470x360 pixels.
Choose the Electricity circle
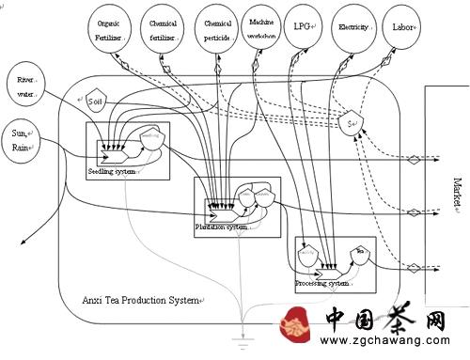(358, 27)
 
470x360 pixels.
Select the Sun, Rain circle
(22, 139)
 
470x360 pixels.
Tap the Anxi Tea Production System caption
(142, 300)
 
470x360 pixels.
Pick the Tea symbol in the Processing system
(358, 252)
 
